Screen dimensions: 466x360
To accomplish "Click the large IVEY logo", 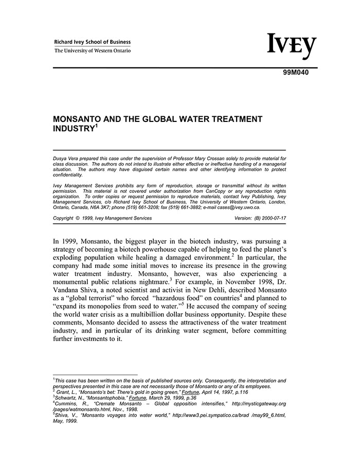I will click(x=292, y=47).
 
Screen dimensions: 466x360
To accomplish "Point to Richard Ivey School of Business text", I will click(x=92, y=42).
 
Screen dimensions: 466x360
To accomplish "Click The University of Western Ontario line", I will click(x=92, y=50).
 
